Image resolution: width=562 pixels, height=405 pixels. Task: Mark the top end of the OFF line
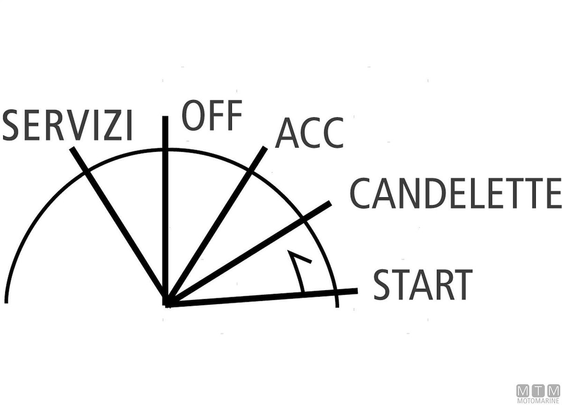pyautogui.click(x=165, y=117)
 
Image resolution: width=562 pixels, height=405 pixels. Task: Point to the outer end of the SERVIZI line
pyautogui.click(x=72, y=149)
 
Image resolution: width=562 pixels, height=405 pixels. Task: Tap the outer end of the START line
pyautogui.click(x=357, y=291)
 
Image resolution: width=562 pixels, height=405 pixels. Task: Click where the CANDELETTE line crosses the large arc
pyautogui.click(x=303, y=219)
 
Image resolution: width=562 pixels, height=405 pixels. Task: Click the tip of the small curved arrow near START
pyautogui.click(x=288, y=251)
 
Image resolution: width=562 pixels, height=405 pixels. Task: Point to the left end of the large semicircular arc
pyautogui.click(x=6, y=302)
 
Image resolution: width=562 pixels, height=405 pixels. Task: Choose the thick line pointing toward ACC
pyautogui.click(x=216, y=226)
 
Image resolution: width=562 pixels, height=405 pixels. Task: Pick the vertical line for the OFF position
pyautogui.click(x=165, y=211)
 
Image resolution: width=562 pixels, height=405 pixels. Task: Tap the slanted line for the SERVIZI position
pyautogui.click(x=118, y=225)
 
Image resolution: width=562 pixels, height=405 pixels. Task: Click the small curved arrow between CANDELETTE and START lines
pyautogui.click(x=299, y=271)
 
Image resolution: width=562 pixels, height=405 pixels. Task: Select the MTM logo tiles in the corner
pyautogui.click(x=538, y=391)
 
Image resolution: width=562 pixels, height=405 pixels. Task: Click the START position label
pyautogui.click(x=423, y=285)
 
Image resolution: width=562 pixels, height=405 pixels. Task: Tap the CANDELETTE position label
pyautogui.click(x=455, y=193)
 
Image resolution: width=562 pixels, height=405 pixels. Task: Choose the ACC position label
pyautogui.click(x=310, y=133)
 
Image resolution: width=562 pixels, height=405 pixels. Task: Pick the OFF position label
pyautogui.click(x=212, y=115)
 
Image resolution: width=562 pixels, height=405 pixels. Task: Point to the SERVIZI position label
pyautogui.click(x=67, y=125)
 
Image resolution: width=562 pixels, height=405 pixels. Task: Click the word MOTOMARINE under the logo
pyautogui.click(x=538, y=401)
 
